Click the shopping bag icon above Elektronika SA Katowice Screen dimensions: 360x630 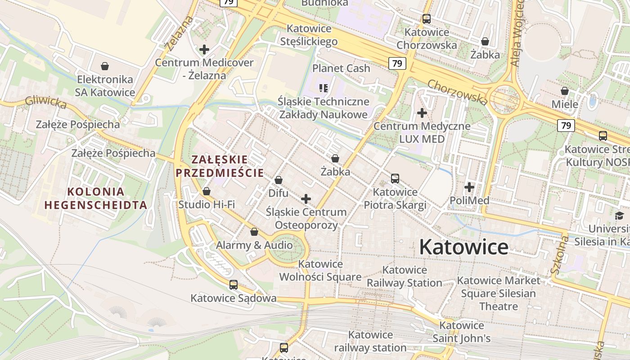point(105,67)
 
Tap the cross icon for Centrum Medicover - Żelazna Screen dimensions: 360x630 point(204,49)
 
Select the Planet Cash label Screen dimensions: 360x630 point(341,68)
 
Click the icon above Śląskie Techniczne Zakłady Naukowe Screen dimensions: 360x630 point(324,88)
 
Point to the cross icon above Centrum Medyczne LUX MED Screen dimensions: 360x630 point(422,113)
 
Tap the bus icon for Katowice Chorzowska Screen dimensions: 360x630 point(426,19)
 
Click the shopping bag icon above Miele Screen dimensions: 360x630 point(565,91)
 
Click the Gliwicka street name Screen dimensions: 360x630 point(45,103)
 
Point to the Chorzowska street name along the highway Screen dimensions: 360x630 point(457,92)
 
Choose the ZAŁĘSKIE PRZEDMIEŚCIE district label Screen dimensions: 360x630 point(220,166)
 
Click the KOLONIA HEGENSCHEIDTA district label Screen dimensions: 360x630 point(96,198)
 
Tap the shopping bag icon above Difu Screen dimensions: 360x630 point(279,180)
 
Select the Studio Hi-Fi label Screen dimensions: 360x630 point(207,205)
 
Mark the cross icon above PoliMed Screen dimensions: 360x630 point(469,187)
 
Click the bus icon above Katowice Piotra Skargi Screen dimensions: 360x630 point(395,179)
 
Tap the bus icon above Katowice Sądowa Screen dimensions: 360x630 point(233,285)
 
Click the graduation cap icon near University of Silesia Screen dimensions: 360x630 point(620,216)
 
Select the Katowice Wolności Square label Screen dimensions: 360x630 point(320,270)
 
